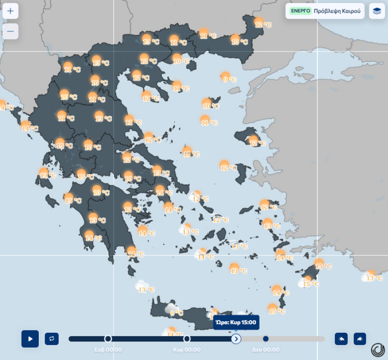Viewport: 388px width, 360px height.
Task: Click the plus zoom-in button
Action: (11, 11)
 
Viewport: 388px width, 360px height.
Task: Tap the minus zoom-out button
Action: (11, 31)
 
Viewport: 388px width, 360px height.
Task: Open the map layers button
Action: (377, 11)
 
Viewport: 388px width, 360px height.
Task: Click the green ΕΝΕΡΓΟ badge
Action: (301, 11)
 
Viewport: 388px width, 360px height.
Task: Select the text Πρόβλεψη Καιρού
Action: (337, 11)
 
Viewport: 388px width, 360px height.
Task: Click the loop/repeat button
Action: (52, 339)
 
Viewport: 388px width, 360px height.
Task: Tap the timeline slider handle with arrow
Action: (236, 339)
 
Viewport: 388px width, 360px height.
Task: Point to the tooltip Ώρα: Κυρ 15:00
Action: (236, 323)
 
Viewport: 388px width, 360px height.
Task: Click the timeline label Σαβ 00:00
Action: (108, 350)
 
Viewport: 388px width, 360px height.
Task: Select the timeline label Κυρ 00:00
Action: (187, 350)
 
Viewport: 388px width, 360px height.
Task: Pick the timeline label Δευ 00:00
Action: (265, 350)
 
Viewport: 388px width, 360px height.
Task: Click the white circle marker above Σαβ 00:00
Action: (108, 339)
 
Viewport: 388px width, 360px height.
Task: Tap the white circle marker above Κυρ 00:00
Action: (187, 339)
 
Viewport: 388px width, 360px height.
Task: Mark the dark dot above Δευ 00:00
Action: (265, 339)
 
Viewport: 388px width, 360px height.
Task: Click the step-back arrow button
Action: (341, 339)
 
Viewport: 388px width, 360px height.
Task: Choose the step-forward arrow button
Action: (360, 339)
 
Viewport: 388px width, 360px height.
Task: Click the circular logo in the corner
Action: (377, 349)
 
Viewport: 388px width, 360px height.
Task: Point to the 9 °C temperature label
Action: (229, 80)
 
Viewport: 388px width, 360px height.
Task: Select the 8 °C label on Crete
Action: (176, 313)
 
